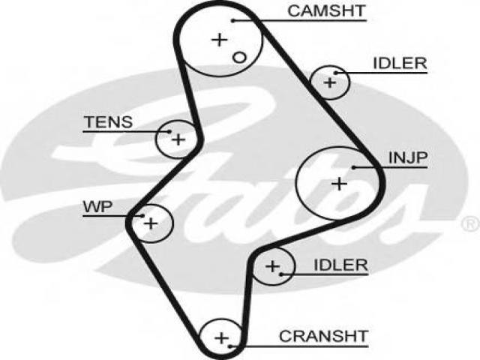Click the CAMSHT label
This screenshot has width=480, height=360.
[326, 11]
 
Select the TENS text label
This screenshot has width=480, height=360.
[109, 122]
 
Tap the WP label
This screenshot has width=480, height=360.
[98, 207]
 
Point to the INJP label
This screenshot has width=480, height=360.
[407, 157]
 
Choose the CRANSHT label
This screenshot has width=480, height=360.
[323, 336]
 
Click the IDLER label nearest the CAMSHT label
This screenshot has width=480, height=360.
[400, 63]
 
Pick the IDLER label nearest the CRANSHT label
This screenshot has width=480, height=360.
[340, 265]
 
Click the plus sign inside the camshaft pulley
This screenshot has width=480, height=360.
[219, 40]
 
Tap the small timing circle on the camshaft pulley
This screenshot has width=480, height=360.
[239, 58]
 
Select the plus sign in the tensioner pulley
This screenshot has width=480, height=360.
[178, 139]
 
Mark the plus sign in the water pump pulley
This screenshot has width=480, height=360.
[151, 223]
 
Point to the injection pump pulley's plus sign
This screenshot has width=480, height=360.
[339, 184]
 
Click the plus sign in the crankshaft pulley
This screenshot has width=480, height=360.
[222, 338]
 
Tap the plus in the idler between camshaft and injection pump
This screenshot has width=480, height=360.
[330, 82]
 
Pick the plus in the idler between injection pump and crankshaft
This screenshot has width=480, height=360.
[272, 266]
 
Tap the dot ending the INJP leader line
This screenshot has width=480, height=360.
[353, 167]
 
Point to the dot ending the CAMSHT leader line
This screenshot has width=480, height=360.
[233, 21]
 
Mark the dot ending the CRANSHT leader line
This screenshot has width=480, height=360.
[230, 346]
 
